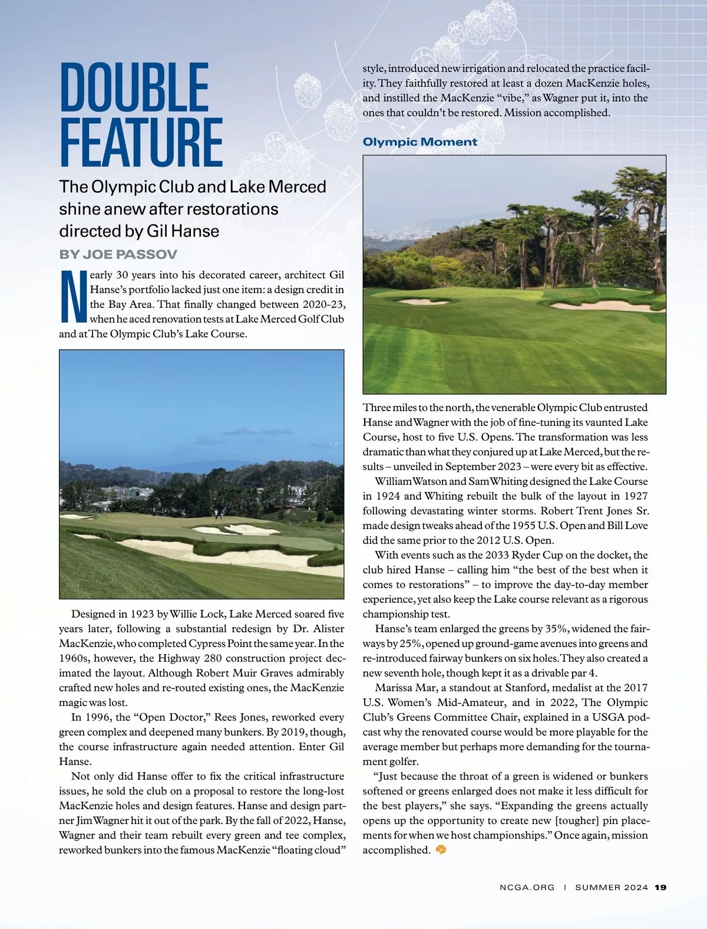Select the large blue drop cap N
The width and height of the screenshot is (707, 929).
coord(73,297)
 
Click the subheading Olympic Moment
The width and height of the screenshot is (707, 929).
coord(419,142)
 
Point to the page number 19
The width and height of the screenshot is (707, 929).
coord(660,904)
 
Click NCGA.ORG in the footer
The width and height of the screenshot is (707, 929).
coord(527,904)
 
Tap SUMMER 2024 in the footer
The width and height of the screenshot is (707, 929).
coord(612,904)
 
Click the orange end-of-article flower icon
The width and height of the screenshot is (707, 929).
coord(440,850)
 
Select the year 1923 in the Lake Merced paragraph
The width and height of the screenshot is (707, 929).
coord(142,614)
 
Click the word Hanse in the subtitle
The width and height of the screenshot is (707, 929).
coord(198,231)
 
